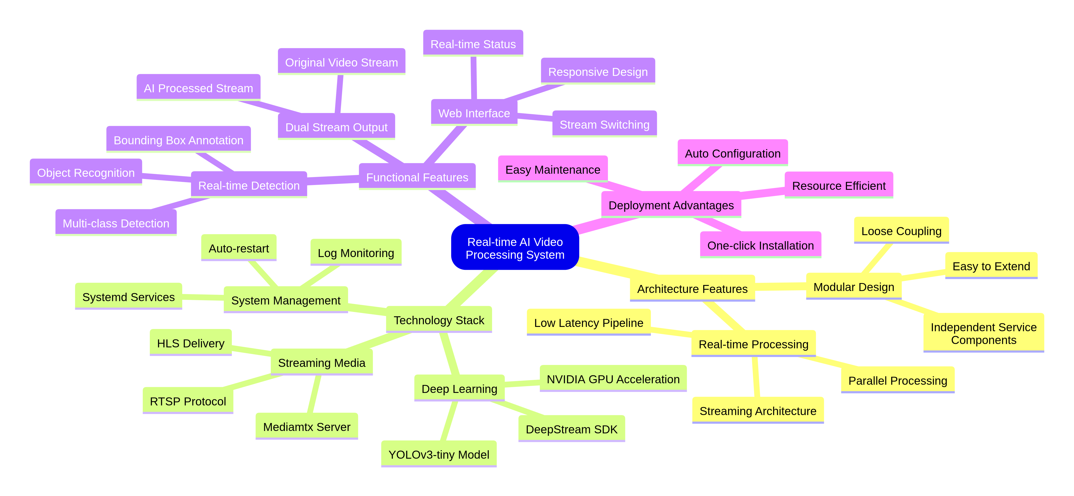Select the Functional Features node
417,177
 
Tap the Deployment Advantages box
671,205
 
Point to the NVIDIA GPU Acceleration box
613,379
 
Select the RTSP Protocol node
188,401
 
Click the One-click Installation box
760,245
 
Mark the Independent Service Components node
984,333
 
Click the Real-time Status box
473,44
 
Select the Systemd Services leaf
128,297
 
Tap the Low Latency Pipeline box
588,323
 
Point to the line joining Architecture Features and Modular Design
780,286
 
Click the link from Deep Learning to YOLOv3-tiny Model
449,421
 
